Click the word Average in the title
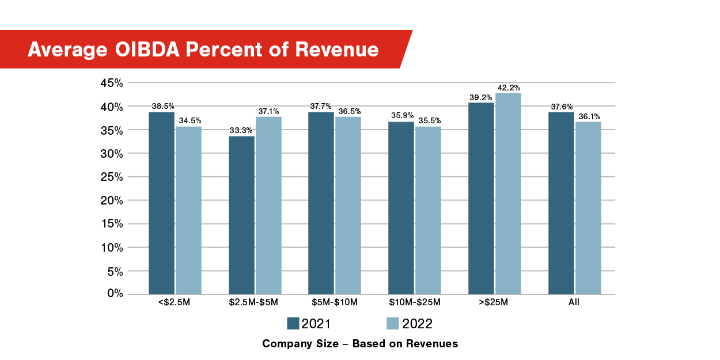(x=67, y=50)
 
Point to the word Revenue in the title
(x=337, y=50)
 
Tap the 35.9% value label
(x=402, y=116)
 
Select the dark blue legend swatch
(x=293, y=323)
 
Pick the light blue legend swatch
(x=393, y=323)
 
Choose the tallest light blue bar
(x=508, y=194)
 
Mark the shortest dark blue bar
(x=241, y=215)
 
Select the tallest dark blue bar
(x=481, y=198)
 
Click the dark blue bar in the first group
(x=161, y=203)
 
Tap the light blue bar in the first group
(x=188, y=210)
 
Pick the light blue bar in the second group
(x=268, y=205)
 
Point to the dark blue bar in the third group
(x=321, y=203)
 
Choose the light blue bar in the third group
(x=348, y=205)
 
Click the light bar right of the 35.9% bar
(x=428, y=210)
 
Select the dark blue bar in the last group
(x=561, y=203)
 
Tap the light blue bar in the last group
(x=588, y=208)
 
